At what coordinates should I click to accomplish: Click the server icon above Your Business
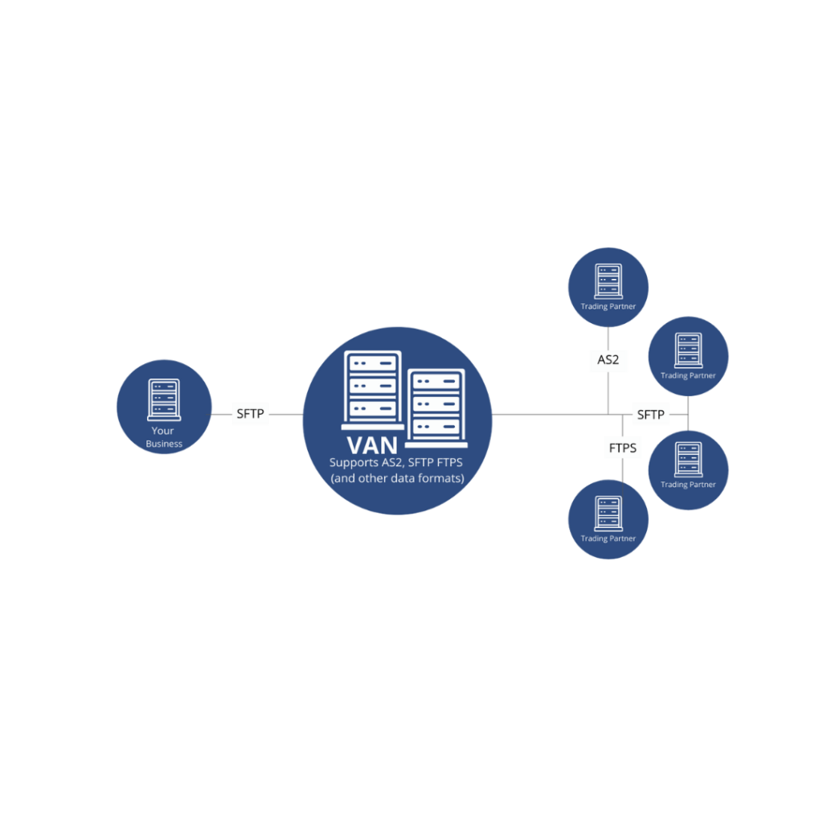tap(163, 399)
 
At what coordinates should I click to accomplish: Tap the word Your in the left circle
tap(163, 432)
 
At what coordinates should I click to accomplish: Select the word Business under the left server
tap(164, 444)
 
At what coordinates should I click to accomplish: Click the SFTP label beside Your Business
tap(249, 415)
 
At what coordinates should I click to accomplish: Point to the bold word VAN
tap(372, 444)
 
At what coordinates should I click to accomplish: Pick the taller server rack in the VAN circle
tap(373, 386)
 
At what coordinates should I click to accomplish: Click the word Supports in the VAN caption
tap(354, 463)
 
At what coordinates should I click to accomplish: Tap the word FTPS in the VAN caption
tap(448, 463)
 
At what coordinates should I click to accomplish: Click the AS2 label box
tap(608, 360)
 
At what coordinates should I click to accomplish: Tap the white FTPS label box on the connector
tap(622, 448)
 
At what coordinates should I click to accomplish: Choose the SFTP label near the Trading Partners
tap(650, 415)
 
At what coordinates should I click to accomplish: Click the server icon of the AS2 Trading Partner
tap(608, 282)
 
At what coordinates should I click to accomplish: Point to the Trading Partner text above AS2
tap(608, 306)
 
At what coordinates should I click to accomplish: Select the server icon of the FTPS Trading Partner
tap(608, 514)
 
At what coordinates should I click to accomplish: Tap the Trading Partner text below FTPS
tap(608, 538)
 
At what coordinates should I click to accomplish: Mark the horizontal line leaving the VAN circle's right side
tap(547, 414)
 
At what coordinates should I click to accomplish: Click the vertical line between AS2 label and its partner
tap(608, 338)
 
